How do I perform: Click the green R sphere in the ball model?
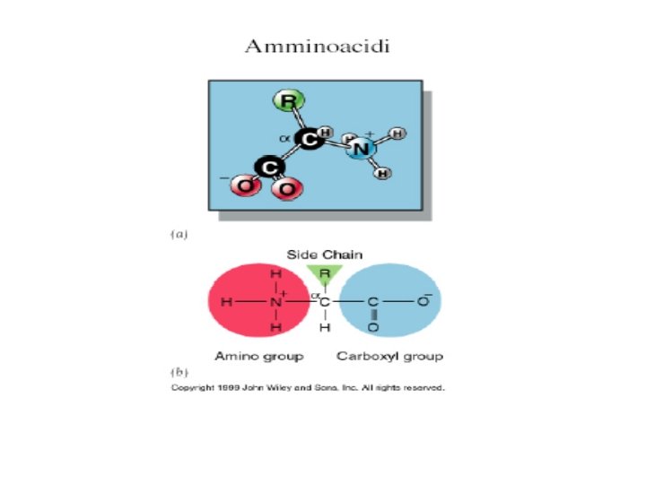point(287,101)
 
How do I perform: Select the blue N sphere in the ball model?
point(361,150)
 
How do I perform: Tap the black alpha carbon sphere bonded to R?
point(308,140)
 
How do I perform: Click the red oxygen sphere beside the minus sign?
point(244,186)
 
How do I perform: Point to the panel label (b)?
point(179,370)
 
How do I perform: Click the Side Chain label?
point(325,255)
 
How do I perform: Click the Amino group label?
point(258,357)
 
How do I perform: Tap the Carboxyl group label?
point(389,357)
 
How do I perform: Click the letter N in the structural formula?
point(275,303)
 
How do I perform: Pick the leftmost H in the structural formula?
point(225,303)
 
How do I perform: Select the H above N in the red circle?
point(275,273)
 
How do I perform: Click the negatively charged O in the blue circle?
point(424,302)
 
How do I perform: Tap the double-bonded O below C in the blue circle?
point(373,329)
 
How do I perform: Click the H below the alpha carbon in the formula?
point(325,329)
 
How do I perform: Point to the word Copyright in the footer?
point(193,388)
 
